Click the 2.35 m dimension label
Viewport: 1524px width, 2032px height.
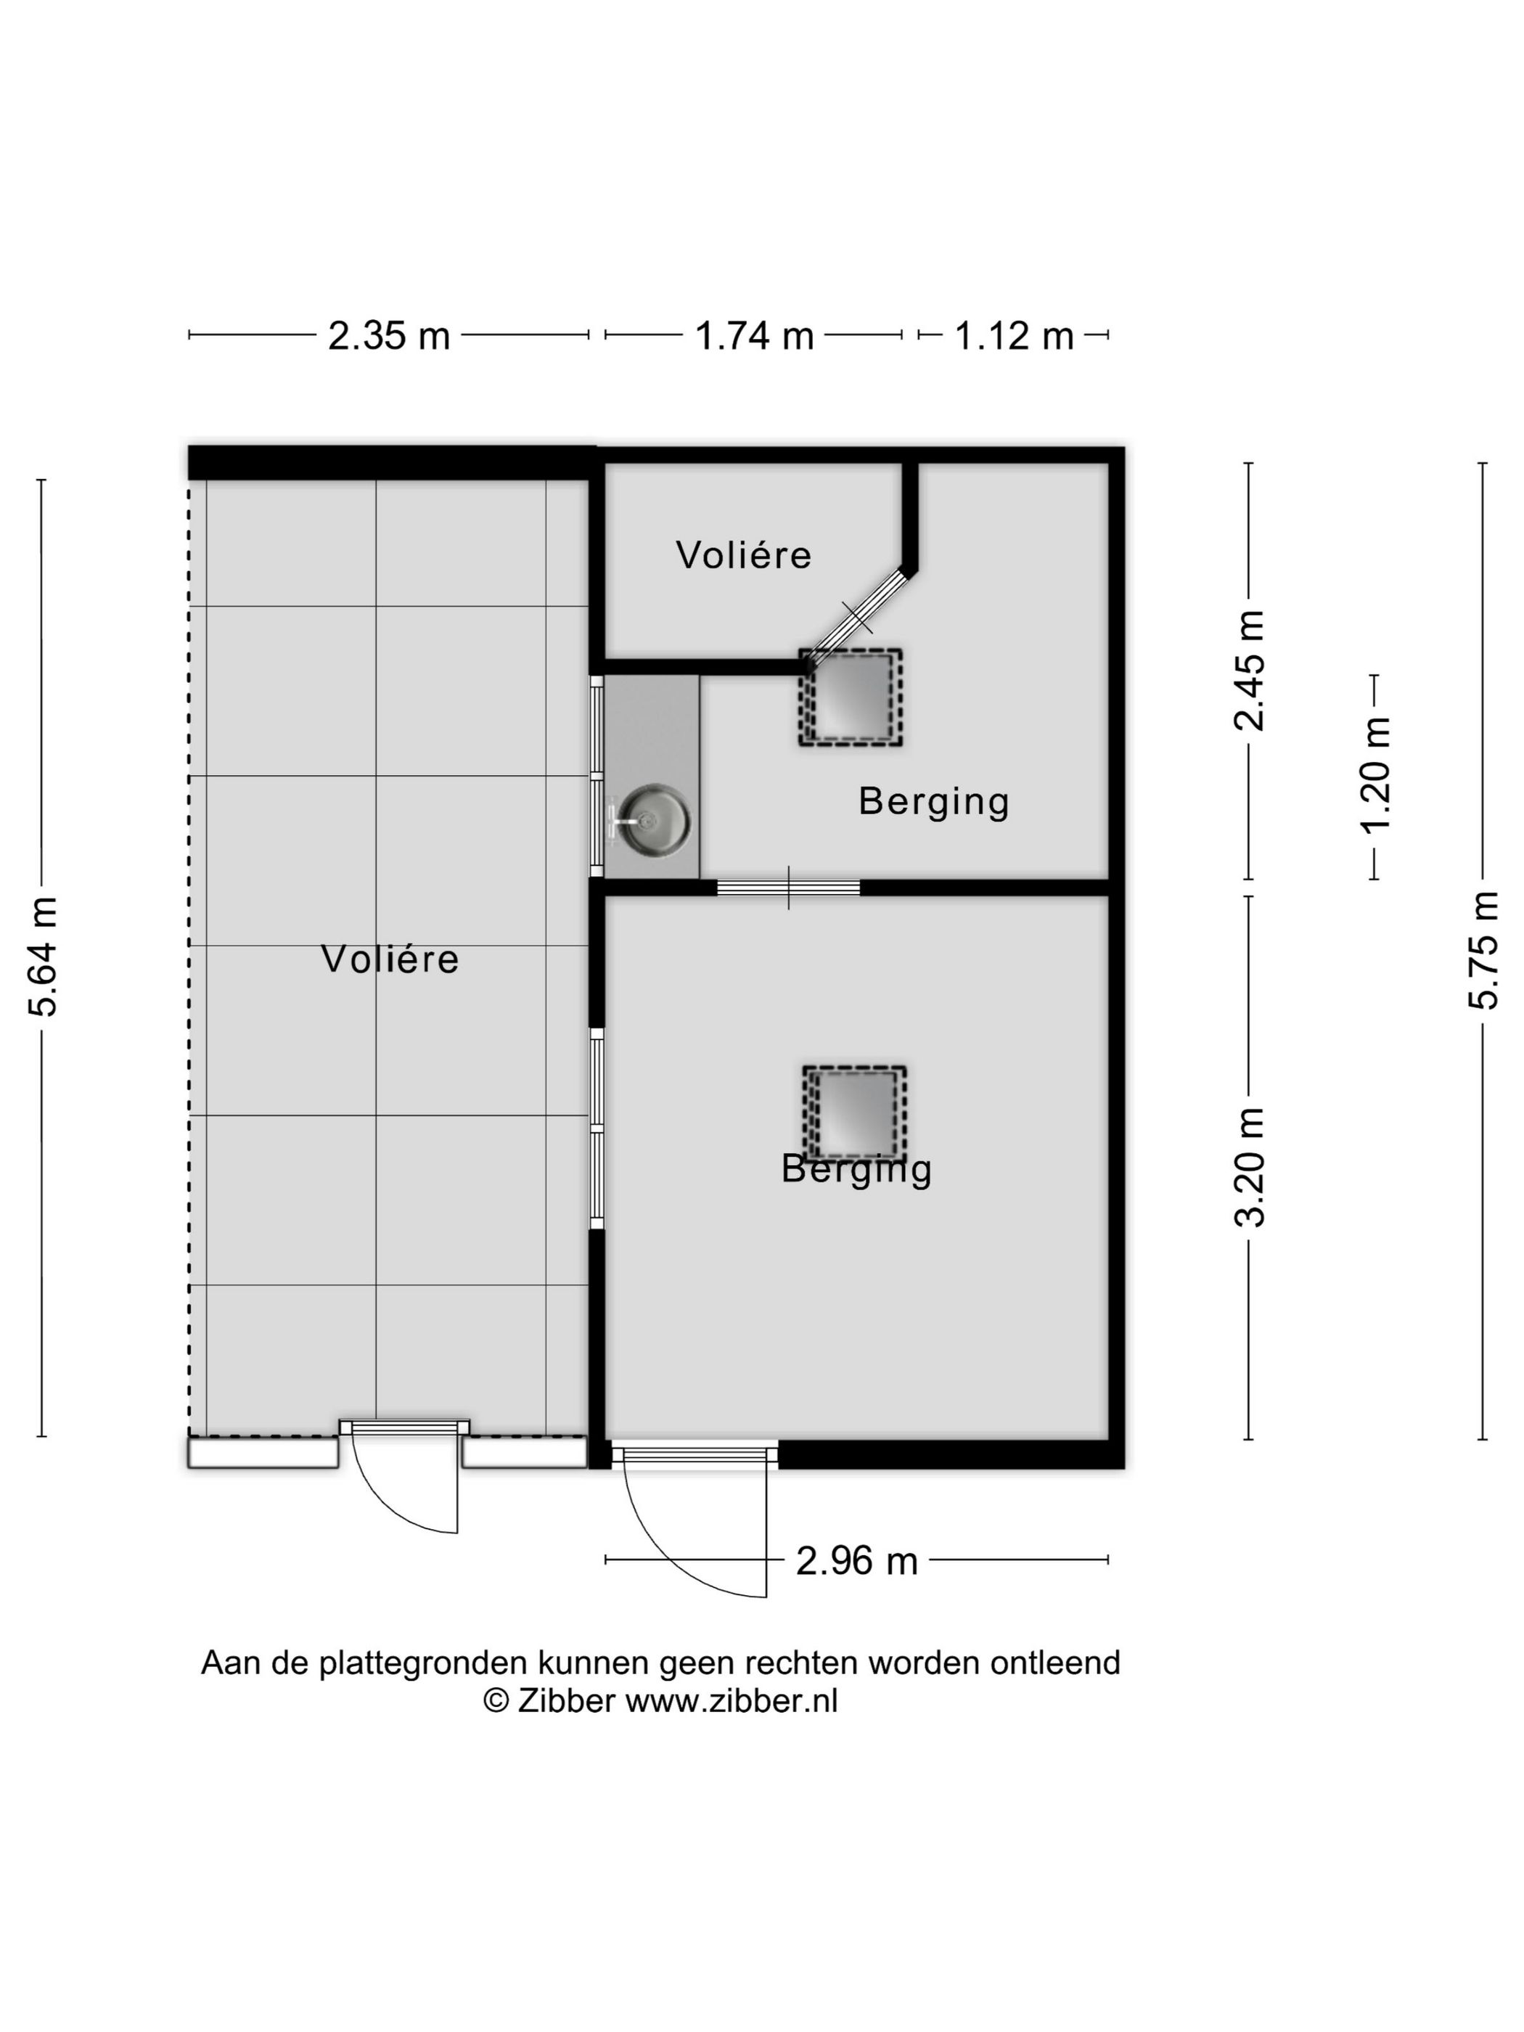point(388,335)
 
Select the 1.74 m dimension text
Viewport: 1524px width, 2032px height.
point(754,335)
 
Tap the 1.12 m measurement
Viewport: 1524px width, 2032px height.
point(1014,335)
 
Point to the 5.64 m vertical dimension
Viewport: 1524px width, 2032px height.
point(43,956)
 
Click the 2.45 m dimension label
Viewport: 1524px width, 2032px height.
point(1250,671)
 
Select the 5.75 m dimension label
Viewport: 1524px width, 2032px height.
point(1483,950)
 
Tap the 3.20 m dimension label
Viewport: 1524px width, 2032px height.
point(1250,1168)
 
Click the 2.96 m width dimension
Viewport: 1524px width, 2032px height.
point(856,1561)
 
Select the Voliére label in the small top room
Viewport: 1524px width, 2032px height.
point(744,555)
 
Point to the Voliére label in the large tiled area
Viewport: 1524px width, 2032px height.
point(390,959)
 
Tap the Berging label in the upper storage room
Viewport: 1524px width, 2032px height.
point(934,801)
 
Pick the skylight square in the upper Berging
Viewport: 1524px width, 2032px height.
point(851,698)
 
